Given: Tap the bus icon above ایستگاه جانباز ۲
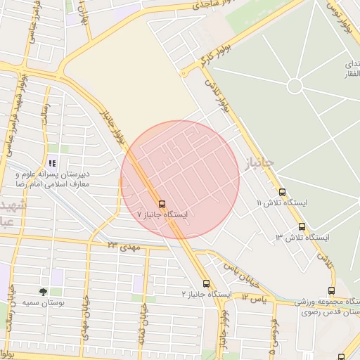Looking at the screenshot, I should click(206, 282).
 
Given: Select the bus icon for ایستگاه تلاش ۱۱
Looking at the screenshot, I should click(282, 192).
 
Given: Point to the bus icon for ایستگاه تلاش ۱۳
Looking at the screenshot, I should click(302, 226).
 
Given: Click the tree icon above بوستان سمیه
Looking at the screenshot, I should click(44, 292).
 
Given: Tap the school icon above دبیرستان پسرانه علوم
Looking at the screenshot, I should click(52, 164).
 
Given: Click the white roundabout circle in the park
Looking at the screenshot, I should click(295, 86).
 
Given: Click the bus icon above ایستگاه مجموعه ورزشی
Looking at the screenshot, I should click(331, 291).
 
